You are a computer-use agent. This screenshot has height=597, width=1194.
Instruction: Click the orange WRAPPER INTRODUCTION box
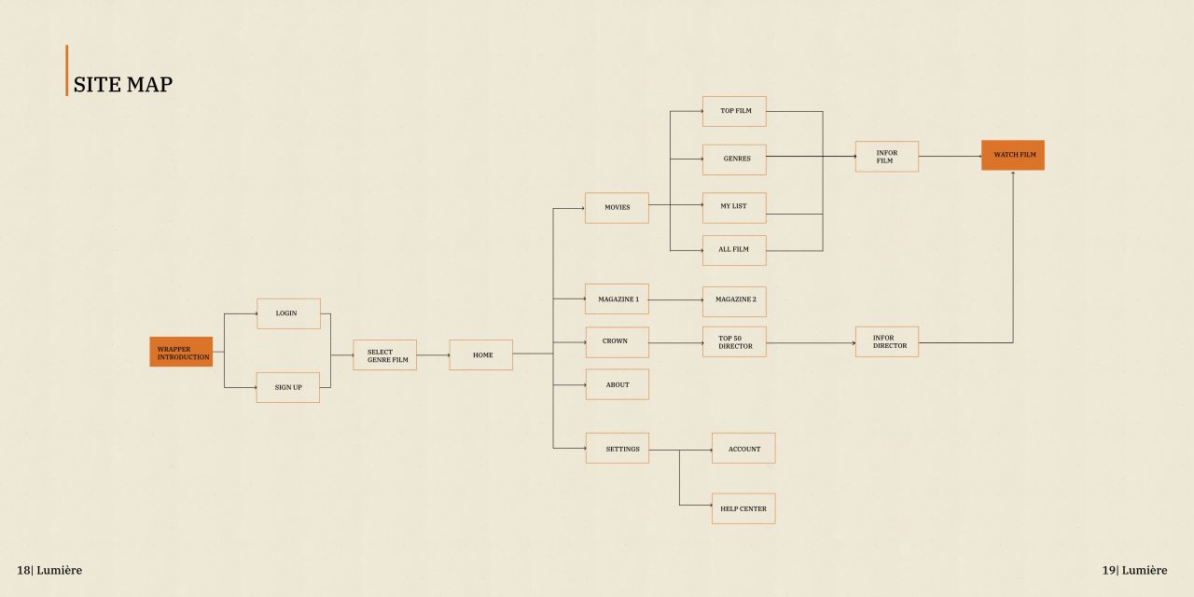tap(181, 352)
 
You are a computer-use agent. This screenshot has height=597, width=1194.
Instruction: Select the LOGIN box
tap(288, 314)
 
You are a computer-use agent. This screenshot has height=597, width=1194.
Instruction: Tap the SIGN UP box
tap(288, 387)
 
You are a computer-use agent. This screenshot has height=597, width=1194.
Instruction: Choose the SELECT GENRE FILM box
tap(385, 355)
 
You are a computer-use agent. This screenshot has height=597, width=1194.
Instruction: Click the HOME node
tap(480, 355)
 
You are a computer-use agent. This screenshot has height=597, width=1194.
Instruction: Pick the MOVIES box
tap(617, 208)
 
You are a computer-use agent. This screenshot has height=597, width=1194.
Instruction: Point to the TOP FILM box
tap(734, 111)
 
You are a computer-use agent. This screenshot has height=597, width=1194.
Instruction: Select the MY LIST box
tap(734, 208)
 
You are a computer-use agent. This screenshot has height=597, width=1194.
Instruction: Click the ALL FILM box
tap(734, 251)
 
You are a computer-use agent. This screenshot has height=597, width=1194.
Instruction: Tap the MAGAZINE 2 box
tap(734, 301)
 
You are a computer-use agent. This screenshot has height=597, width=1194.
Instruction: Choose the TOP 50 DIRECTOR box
tap(734, 341)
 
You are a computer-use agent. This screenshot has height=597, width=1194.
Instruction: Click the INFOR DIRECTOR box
tap(887, 341)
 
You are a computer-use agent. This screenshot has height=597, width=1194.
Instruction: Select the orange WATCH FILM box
tap(1013, 155)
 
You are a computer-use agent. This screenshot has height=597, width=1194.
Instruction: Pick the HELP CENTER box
tap(743, 508)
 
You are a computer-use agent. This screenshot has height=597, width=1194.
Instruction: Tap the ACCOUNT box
tap(743, 449)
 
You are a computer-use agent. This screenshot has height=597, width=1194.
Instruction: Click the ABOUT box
tap(618, 384)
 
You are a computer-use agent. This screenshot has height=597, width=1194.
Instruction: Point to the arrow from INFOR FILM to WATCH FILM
tap(950, 156)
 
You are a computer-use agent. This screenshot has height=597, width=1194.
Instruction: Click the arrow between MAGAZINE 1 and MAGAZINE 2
tap(676, 299)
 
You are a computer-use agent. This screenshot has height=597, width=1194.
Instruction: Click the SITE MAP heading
tap(123, 84)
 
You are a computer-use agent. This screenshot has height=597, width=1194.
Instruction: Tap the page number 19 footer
tap(1134, 570)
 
